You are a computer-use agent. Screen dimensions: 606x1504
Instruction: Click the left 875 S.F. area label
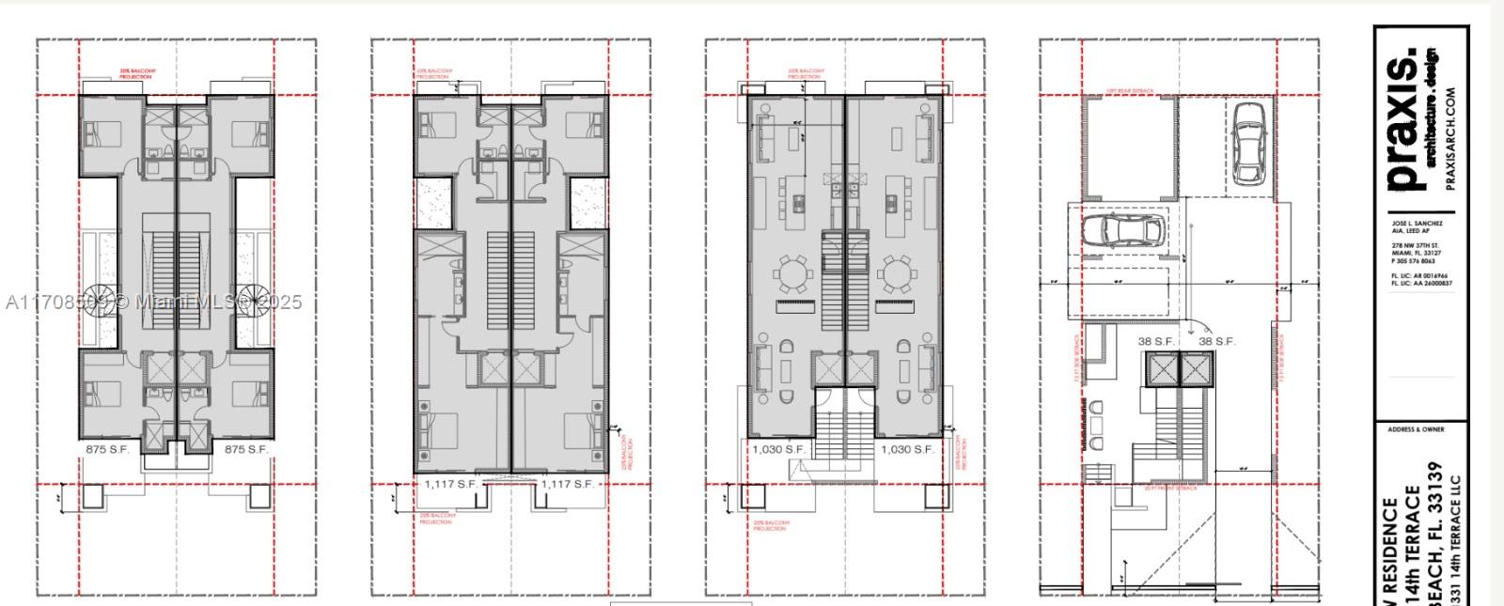107,449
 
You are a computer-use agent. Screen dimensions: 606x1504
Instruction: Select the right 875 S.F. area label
246,449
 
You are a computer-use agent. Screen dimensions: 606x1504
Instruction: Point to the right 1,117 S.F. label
568,484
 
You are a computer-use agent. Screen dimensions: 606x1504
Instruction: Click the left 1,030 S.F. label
779,450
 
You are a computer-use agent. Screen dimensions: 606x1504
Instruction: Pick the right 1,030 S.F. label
907,450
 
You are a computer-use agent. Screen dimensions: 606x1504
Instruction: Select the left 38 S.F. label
1155,341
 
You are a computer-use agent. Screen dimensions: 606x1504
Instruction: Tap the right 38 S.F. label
1216,341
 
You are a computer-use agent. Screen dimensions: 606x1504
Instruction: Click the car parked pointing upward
1249,143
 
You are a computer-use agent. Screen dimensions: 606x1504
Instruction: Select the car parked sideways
1123,230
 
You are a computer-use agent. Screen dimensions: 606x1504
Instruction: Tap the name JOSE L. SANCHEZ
1417,224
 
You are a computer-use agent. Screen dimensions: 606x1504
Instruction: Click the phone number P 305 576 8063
1414,261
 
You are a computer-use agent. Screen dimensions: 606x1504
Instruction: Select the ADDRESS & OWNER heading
1416,429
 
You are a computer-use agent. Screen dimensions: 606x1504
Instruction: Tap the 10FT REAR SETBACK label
1130,91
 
